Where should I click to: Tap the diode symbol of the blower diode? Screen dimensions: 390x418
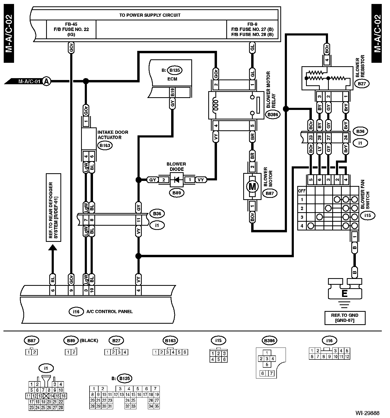[x=176, y=180]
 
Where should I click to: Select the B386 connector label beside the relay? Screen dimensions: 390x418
[x=272, y=115]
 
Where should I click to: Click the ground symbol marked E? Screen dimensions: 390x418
[x=344, y=293]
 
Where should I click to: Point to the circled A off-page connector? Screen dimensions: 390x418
[x=47, y=81]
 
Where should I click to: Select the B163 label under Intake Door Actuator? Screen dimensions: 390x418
[x=105, y=145]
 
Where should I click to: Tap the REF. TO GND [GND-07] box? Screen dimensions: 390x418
[x=345, y=318]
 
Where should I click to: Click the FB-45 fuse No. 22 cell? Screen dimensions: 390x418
[x=71, y=29]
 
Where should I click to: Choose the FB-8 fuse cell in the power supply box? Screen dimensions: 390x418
[x=252, y=29]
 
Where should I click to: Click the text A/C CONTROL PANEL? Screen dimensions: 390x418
[x=109, y=312]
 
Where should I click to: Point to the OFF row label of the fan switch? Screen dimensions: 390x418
[x=302, y=191]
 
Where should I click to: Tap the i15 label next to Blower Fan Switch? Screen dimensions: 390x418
[x=367, y=215]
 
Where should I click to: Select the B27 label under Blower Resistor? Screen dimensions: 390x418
[x=362, y=83]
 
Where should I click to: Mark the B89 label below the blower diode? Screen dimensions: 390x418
[x=176, y=193]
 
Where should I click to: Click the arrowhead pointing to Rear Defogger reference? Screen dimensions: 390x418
[x=52, y=247]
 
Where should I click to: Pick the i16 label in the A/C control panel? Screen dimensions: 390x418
[x=76, y=312]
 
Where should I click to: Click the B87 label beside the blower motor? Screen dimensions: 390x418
[x=269, y=193]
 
